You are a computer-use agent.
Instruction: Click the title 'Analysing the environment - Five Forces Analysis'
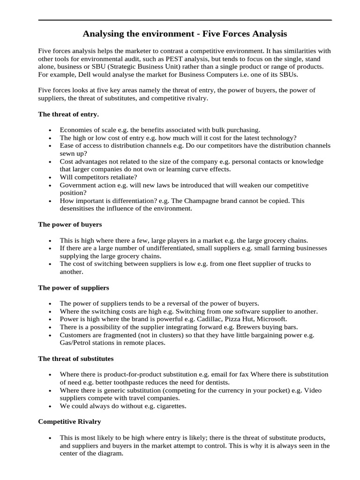(x=185, y=34)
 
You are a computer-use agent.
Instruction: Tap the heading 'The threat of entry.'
(x=68, y=114)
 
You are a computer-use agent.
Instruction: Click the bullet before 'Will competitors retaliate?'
(x=50, y=177)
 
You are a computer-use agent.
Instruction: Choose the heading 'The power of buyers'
(x=70, y=225)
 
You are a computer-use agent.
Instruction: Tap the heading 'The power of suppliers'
(x=73, y=287)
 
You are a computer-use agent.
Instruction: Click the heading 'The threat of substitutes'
(x=76, y=359)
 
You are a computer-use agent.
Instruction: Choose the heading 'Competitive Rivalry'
(x=69, y=421)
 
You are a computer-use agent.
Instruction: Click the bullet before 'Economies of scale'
(x=50, y=130)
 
